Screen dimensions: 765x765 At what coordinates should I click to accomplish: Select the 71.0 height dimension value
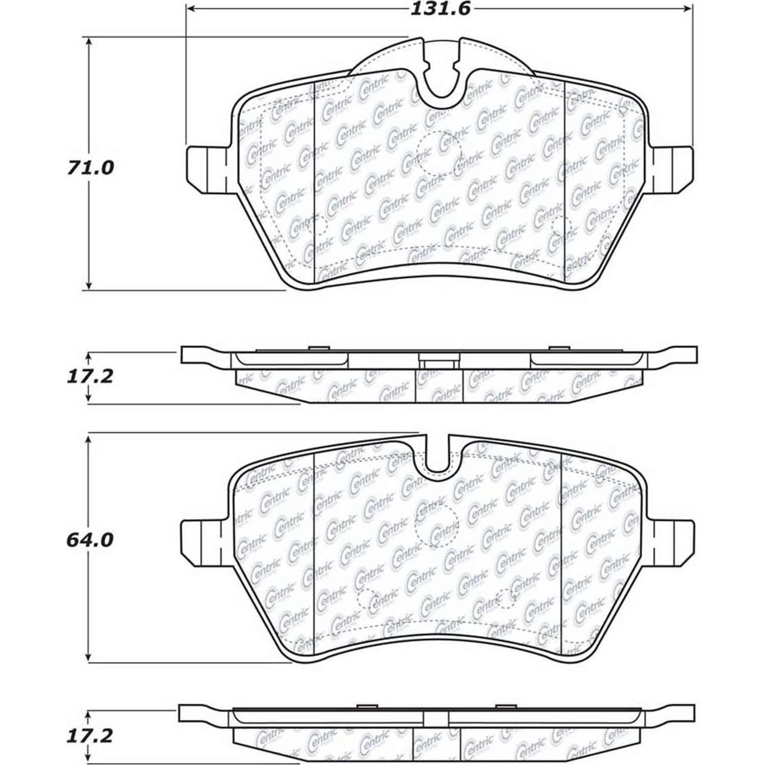[90, 167]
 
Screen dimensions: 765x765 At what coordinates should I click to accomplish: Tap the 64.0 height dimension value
[90, 540]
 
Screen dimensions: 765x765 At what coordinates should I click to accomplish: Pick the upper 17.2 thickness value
[90, 377]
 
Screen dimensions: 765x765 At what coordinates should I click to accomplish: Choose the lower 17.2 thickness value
[90, 736]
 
